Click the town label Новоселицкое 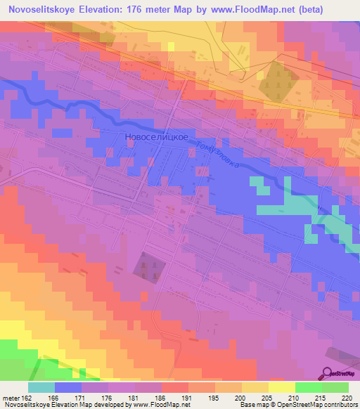(156, 138)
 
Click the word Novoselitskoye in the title (46, 10)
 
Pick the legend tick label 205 (267, 397)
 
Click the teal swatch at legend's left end (41, 387)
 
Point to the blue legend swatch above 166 (68, 387)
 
